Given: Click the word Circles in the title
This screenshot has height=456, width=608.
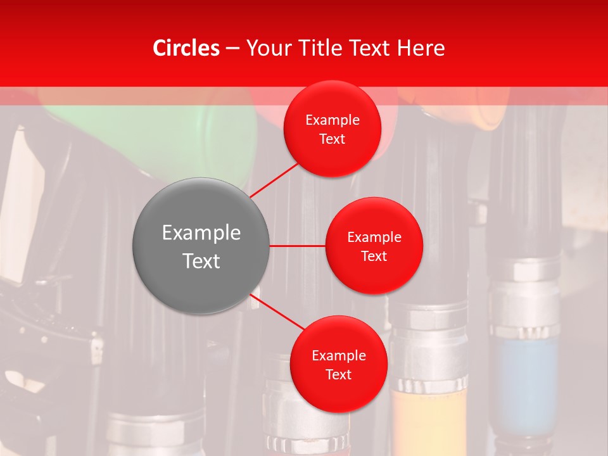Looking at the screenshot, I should click(186, 48).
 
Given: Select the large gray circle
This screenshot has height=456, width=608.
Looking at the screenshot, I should click(201, 246).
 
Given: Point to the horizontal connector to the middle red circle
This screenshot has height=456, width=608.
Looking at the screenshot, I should click(297, 246).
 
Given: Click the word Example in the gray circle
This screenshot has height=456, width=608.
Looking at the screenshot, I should click(201, 233).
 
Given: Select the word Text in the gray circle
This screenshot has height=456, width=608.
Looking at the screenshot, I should click(201, 261).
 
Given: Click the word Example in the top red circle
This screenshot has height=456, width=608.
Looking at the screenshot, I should click(332, 120).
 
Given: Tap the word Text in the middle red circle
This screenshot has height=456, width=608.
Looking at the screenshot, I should click(374, 256).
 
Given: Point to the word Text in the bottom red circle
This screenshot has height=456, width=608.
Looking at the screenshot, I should click(338, 375).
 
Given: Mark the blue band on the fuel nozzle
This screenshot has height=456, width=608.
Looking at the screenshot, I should click(526, 380).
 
